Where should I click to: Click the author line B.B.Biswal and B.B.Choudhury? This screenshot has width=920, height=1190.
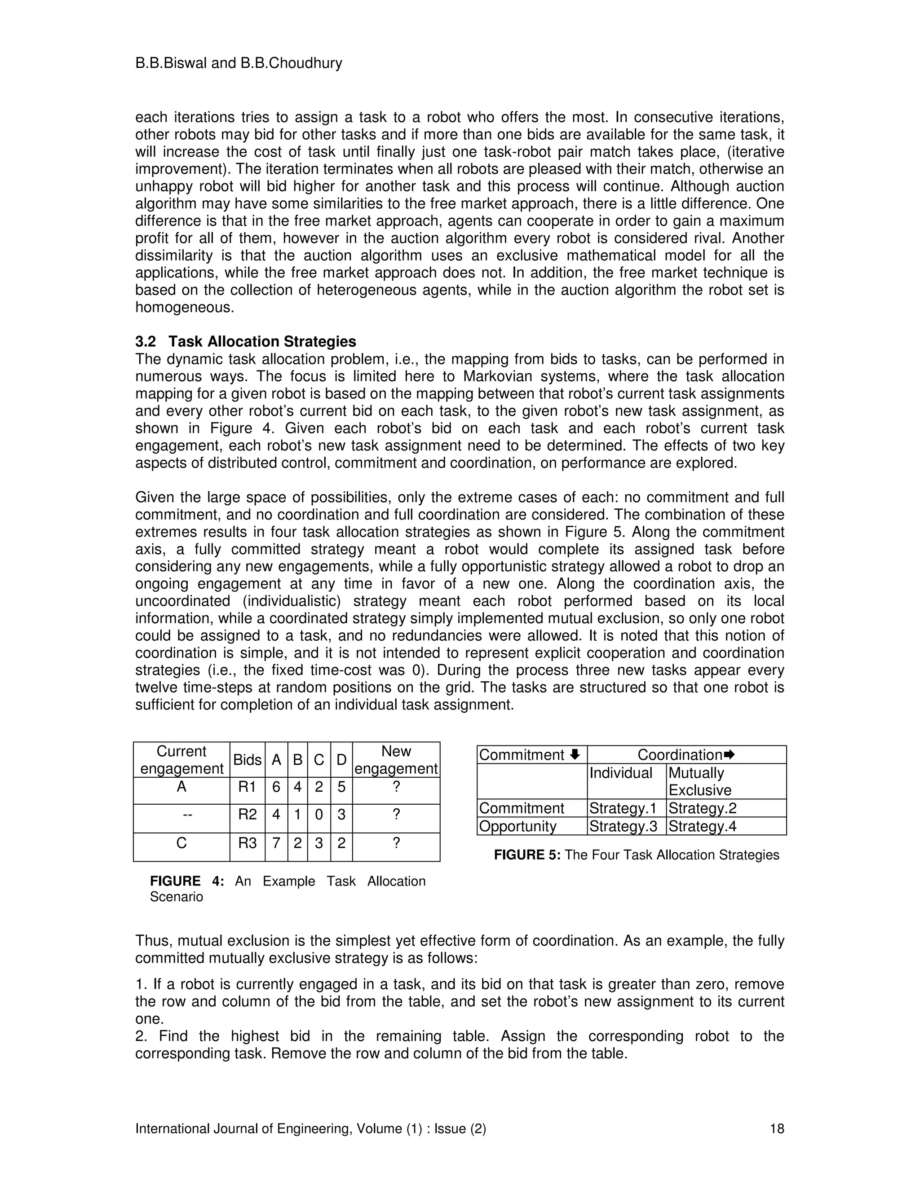238,63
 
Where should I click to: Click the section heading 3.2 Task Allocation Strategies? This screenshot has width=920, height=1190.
245,342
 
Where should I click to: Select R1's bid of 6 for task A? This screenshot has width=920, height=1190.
276,787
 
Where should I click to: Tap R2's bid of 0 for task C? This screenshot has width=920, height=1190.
319,815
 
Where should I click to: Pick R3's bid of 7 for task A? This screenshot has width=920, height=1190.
276,843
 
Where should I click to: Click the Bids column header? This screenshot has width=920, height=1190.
247,759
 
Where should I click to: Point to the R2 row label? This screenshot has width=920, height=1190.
247,815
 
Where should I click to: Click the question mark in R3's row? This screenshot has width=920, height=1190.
396,843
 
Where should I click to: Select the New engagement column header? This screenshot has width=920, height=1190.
396,759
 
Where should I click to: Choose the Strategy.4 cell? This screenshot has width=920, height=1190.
702,826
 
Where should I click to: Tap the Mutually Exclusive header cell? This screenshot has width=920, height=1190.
702,781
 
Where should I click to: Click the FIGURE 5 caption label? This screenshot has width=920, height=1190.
526,855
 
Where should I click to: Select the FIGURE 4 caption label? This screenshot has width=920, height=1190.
186,881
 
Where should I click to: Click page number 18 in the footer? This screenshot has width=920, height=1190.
776,1129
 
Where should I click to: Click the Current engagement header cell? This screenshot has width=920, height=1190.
181,759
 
